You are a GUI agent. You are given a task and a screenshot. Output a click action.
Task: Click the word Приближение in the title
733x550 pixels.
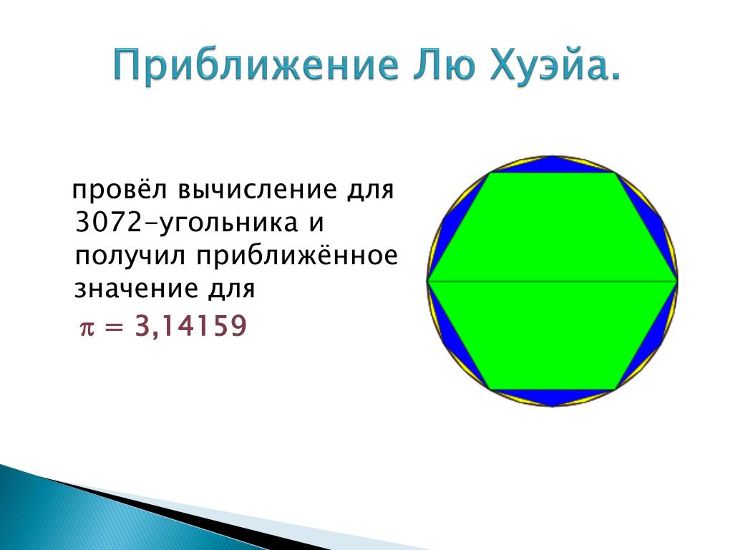(256, 65)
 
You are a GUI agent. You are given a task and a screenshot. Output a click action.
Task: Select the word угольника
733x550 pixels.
(228, 224)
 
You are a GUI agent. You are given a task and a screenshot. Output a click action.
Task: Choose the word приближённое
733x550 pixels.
(297, 256)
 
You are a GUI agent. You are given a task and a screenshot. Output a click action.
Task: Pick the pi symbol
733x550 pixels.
(87, 327)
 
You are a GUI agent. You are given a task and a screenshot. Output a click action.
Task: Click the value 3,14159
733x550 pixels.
(190, 326)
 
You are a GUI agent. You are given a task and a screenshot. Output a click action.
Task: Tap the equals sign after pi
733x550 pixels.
(115, 327)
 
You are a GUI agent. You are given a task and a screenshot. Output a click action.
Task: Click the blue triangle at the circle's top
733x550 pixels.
(552, 165)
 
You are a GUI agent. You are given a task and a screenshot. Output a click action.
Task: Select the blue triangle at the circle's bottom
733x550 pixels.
(552, 397)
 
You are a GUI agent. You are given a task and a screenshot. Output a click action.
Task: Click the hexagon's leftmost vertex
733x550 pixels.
(428, 281)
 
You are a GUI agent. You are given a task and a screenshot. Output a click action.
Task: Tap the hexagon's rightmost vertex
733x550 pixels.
(677, 281)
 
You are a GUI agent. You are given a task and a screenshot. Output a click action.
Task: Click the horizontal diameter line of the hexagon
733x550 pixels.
(553, 281)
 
